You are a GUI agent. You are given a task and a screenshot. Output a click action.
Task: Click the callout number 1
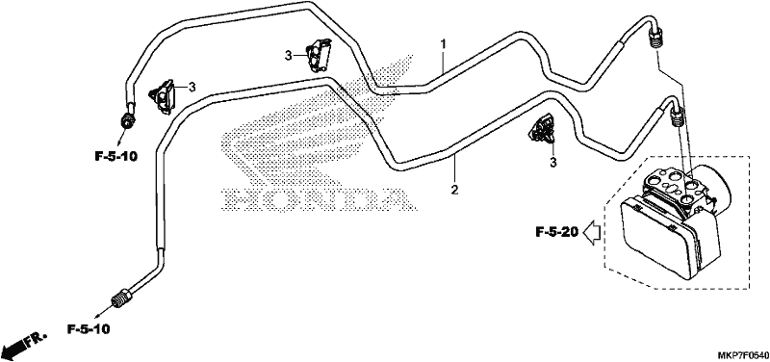pyautogui.click(x=443, y=44)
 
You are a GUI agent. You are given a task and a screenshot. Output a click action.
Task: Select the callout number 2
pyautogui.click(x=455, y=189)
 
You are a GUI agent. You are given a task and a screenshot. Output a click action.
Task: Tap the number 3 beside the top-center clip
pyautogui.click(x=288, y=56)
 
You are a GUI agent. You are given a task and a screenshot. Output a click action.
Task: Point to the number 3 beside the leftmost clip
pyautogui.click(x=192, y=87)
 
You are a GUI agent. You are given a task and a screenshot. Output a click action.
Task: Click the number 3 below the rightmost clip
pyautogui.click(x=553, y=162)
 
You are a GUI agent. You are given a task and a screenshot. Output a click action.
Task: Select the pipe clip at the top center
pyautogui.click(x=319, y=53)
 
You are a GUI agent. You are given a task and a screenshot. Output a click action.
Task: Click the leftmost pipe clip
pyautogui.click(x=162, y=95)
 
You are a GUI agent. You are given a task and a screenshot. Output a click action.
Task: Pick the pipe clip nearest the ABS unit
pyautogui.click(x=543, y=129)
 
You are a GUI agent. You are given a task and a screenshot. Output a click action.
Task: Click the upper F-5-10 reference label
pyautogui.click(x=115, y=157)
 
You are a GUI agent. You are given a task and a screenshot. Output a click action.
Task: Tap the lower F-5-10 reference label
pyautogui.click(x=89, y=328)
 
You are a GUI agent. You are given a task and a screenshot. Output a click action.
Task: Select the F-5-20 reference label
pyautogui.click(x=557, y=231)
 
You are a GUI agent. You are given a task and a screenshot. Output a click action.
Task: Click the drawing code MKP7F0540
pyautogui.click(x=742, y=354)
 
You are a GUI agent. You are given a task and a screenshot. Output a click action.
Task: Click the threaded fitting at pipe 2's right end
pyautogui.click(x=677, y=116)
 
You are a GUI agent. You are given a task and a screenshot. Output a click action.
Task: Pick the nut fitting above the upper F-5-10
pyautogui.click(x=128, y=119)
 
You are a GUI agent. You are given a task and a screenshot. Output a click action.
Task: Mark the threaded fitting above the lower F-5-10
pyautogui.click(x=120, y=297)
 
